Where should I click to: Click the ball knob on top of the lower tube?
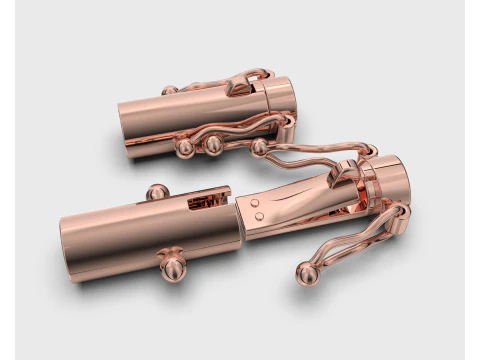coord(157,191)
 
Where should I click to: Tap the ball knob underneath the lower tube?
coord(172,265)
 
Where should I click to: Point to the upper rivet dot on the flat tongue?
coord(257,202)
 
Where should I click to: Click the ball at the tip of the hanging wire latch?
coord(304,273)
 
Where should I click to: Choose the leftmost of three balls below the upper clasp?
coord(185,148)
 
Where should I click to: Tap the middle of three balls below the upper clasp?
coord(213,145)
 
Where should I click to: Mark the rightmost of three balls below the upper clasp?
coord(259,147)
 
